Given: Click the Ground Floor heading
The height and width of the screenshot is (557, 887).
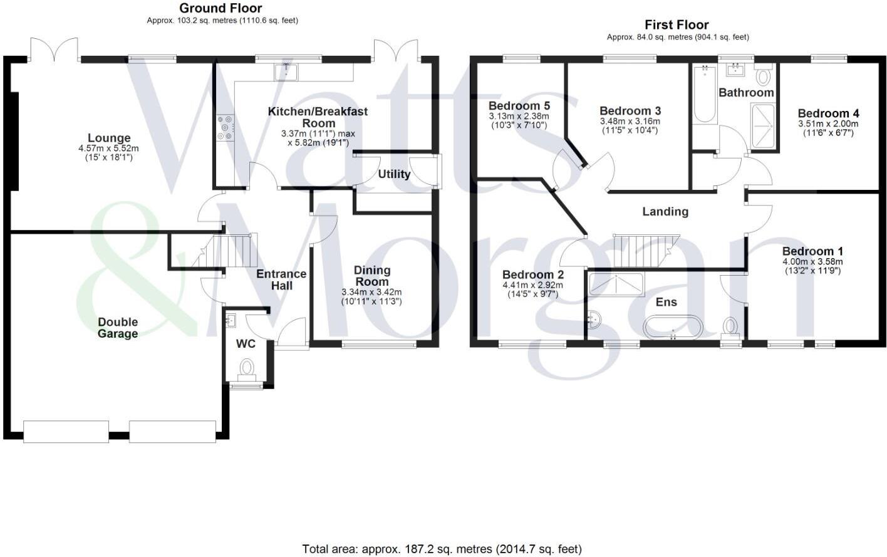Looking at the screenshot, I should click(220, 8).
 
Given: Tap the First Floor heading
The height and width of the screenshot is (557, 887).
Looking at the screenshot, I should click(677, 25).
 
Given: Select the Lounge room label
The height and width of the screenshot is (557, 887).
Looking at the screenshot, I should click(109, 138).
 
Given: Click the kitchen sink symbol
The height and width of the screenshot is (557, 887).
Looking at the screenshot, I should click(286, 71).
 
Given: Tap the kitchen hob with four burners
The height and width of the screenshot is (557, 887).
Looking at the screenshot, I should click(225, 128).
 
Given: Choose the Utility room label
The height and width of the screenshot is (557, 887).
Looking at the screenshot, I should click(394, 174).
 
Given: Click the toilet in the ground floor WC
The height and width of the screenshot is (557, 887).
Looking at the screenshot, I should click(247, 367).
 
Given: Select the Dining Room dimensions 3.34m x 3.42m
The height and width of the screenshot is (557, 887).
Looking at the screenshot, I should click(371, 293).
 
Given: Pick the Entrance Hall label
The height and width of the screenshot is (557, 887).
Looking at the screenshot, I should click(281, 279).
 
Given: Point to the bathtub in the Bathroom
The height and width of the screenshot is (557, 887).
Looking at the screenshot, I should click(705, 95).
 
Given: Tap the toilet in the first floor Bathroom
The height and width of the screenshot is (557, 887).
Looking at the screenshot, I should click(763, 76).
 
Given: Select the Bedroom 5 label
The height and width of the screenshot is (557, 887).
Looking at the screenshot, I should click(519, 105).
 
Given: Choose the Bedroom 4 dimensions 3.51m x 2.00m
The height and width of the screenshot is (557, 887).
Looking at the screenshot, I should click(828, 124).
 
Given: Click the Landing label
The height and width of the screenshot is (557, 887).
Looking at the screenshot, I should click(665, 212).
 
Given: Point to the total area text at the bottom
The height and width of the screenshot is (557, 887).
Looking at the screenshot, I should click(442, 549).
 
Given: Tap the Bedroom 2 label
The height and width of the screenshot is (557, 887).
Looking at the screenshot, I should click(533, 274).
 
